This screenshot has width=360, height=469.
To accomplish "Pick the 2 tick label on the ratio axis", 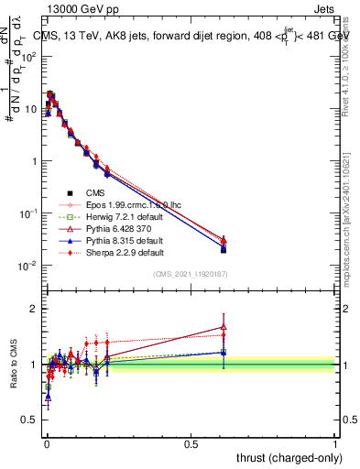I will [x=36, y=309].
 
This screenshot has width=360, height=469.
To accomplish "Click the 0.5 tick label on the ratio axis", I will [x=31, y=420].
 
